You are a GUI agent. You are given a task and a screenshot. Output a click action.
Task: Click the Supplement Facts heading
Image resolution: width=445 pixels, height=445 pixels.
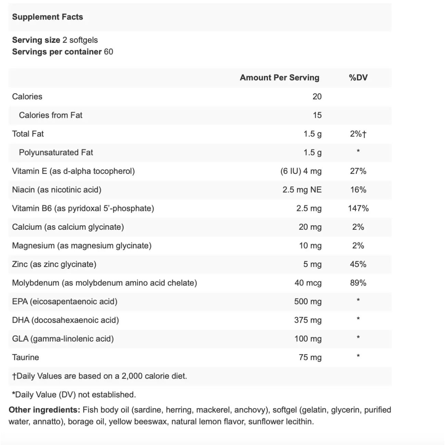48,17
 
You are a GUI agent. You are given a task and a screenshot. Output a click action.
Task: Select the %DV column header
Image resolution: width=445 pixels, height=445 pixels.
358,78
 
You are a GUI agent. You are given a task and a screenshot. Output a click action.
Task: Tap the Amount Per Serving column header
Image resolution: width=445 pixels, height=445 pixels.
279,78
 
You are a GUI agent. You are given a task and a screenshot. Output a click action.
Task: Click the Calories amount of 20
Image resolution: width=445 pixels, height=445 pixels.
317,97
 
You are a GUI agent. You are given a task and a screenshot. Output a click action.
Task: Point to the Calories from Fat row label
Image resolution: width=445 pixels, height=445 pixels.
51,115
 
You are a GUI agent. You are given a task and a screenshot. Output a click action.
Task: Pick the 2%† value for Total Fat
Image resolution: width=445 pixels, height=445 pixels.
358,134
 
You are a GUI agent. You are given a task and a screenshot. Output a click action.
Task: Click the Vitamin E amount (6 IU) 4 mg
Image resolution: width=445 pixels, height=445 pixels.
301,171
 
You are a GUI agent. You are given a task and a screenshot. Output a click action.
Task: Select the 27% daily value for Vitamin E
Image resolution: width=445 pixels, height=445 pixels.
358,171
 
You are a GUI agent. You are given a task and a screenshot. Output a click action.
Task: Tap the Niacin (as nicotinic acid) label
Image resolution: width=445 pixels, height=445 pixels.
57,190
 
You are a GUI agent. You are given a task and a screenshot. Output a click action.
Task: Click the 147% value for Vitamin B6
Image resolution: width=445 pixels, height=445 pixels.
358,208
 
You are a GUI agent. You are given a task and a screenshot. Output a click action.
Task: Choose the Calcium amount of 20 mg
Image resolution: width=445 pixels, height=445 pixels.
310,227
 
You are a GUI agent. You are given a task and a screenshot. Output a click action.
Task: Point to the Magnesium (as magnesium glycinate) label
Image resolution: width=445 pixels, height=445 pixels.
82,246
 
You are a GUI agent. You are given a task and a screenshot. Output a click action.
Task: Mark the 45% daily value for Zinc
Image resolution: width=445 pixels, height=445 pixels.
358,264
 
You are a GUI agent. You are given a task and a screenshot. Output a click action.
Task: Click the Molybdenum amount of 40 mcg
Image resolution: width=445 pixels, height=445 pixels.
308,283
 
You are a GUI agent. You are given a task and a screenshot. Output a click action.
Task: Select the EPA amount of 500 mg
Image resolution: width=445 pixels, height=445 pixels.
308,302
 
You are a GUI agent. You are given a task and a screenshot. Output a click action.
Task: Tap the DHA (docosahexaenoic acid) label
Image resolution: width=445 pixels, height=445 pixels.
65,320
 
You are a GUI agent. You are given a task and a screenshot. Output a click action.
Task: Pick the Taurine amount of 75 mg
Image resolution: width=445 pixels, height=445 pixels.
310,357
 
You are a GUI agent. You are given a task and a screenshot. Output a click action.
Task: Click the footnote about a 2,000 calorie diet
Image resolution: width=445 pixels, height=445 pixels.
100,376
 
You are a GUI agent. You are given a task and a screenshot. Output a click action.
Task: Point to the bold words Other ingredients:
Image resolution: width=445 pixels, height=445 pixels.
44,410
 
